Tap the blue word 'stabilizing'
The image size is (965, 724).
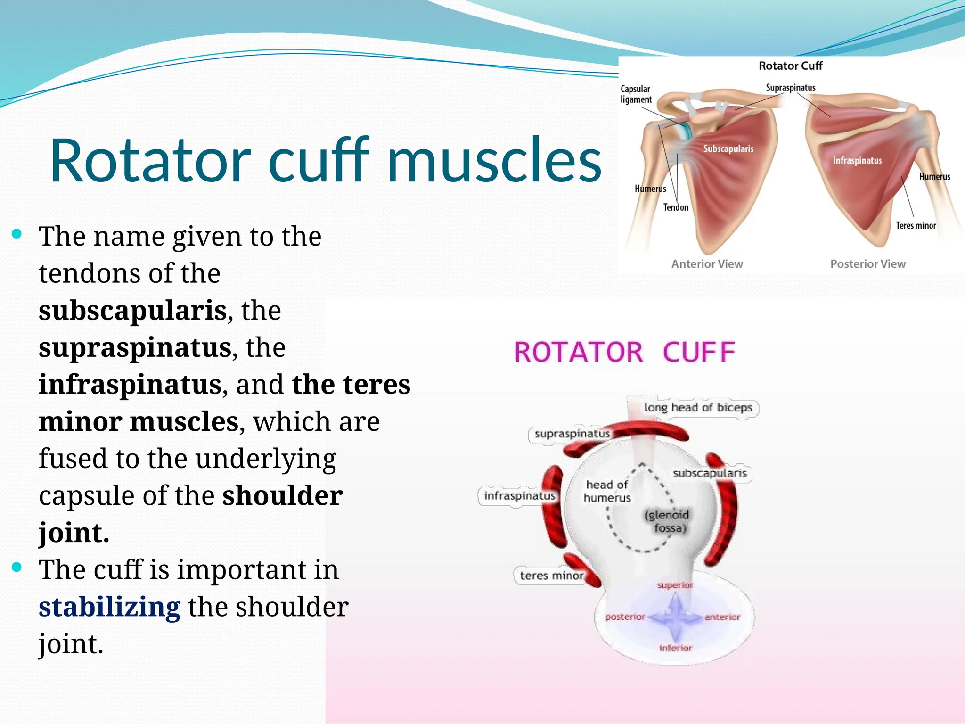pyautogui.click(x=109, y=607)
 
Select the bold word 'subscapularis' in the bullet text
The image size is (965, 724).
pyautogui.click(x=132, y=311)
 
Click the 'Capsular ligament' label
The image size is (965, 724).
pyautogui.click(x=636, y=94)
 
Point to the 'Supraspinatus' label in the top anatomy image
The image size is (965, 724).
pyautogui.click(x=790, y=88)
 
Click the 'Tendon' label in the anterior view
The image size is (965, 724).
pyautogui.click(x=676, y=207)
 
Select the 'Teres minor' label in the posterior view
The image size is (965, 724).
pyautogui.click(x=916, y=226)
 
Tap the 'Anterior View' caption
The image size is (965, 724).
pyautogui.click(x=707, y=264)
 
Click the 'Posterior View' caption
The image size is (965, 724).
pyautogui.click(x=867, y=264)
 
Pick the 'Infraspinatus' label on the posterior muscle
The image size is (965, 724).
pyautogui.click(x=857, y=161)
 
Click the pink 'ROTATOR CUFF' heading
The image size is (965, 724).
pyautogui.click(x=624, y=352)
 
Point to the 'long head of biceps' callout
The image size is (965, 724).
pyautogui.click(x=698, y=407)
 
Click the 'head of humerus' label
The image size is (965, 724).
pyautogui.click(x=607, y=491)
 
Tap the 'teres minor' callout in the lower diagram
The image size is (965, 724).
pyautogui.click(x=551, y=575)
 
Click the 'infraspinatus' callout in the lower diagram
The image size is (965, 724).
pyautogui.click(x=519, y=496)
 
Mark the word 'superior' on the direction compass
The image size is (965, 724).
pyautogui.click(x=675, y=585)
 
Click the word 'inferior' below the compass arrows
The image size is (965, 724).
pyautogui.click(x=676, y=648)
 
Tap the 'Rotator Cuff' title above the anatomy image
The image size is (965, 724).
pyautogui.click(x=790, y=66)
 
